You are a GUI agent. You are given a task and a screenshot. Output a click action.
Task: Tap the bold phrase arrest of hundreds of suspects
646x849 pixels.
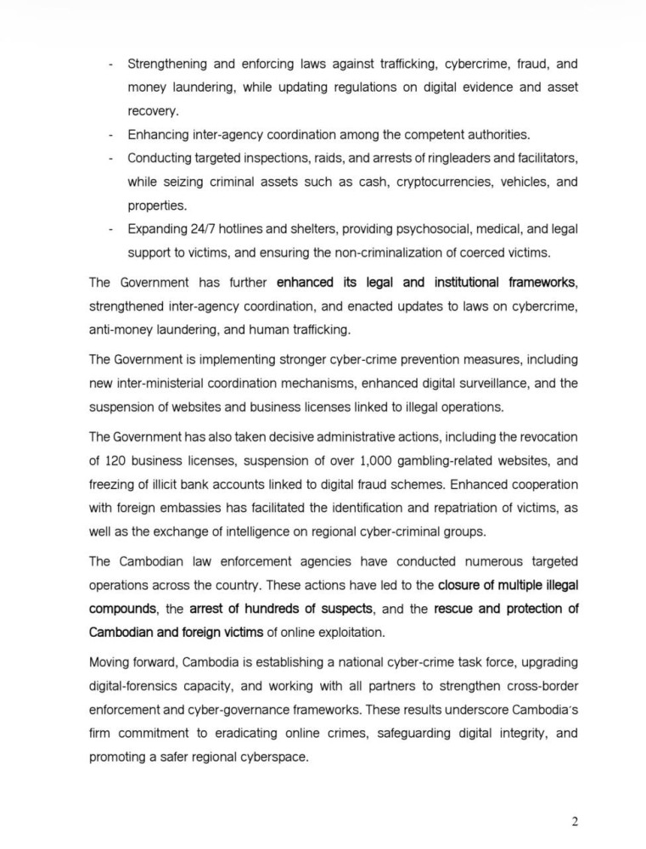[280, 610]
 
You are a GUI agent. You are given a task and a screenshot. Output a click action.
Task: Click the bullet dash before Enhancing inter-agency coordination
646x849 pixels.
[111, 134]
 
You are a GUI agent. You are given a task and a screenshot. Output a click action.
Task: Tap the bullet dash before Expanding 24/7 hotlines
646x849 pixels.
[111, 229]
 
